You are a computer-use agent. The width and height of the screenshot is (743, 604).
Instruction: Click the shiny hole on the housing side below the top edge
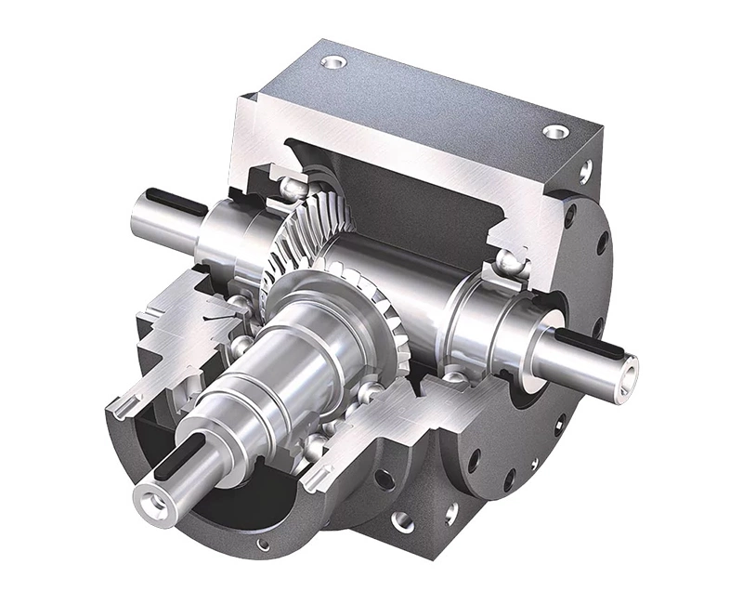(x=585, y=171)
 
